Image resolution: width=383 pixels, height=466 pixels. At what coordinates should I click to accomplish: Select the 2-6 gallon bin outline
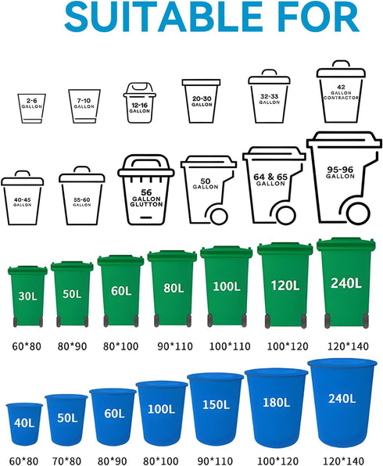(x=31, y=108)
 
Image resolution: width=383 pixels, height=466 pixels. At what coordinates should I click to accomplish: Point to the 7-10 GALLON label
(x=84, y=103)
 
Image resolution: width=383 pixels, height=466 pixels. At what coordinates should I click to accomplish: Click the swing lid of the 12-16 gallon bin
(x=139, y=88)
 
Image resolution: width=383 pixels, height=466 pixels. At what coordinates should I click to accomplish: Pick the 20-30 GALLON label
(x=202, y=102)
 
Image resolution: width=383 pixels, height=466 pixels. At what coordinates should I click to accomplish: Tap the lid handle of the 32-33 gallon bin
(x=269, y=73)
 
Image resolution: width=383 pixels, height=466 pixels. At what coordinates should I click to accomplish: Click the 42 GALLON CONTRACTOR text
(x=341, y=92)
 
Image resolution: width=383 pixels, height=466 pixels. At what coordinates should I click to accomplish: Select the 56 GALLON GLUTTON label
(x=146, y=199)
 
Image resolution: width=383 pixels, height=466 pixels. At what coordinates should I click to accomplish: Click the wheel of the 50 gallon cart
(x=220, y=216)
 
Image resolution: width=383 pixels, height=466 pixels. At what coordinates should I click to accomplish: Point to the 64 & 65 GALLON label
(x=270, y=180)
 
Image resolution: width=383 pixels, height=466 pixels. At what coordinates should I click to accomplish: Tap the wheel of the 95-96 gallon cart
(x=358, y=213)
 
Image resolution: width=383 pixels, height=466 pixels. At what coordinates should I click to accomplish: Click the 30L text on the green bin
(x=27, y=296)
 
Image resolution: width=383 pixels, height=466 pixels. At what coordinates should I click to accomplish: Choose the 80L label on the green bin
(x=174, y=288)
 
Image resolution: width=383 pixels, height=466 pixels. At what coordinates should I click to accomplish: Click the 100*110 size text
(x=230, y=346)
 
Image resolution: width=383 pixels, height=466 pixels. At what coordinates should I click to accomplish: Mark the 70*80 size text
(x=66, y=461)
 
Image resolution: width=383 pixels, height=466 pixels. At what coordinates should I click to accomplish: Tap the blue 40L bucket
(x=24, y=424)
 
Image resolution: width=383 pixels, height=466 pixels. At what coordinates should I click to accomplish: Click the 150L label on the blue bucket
(x=216, y=404)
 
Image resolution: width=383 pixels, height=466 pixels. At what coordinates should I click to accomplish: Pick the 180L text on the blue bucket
(x=277, y=403)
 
